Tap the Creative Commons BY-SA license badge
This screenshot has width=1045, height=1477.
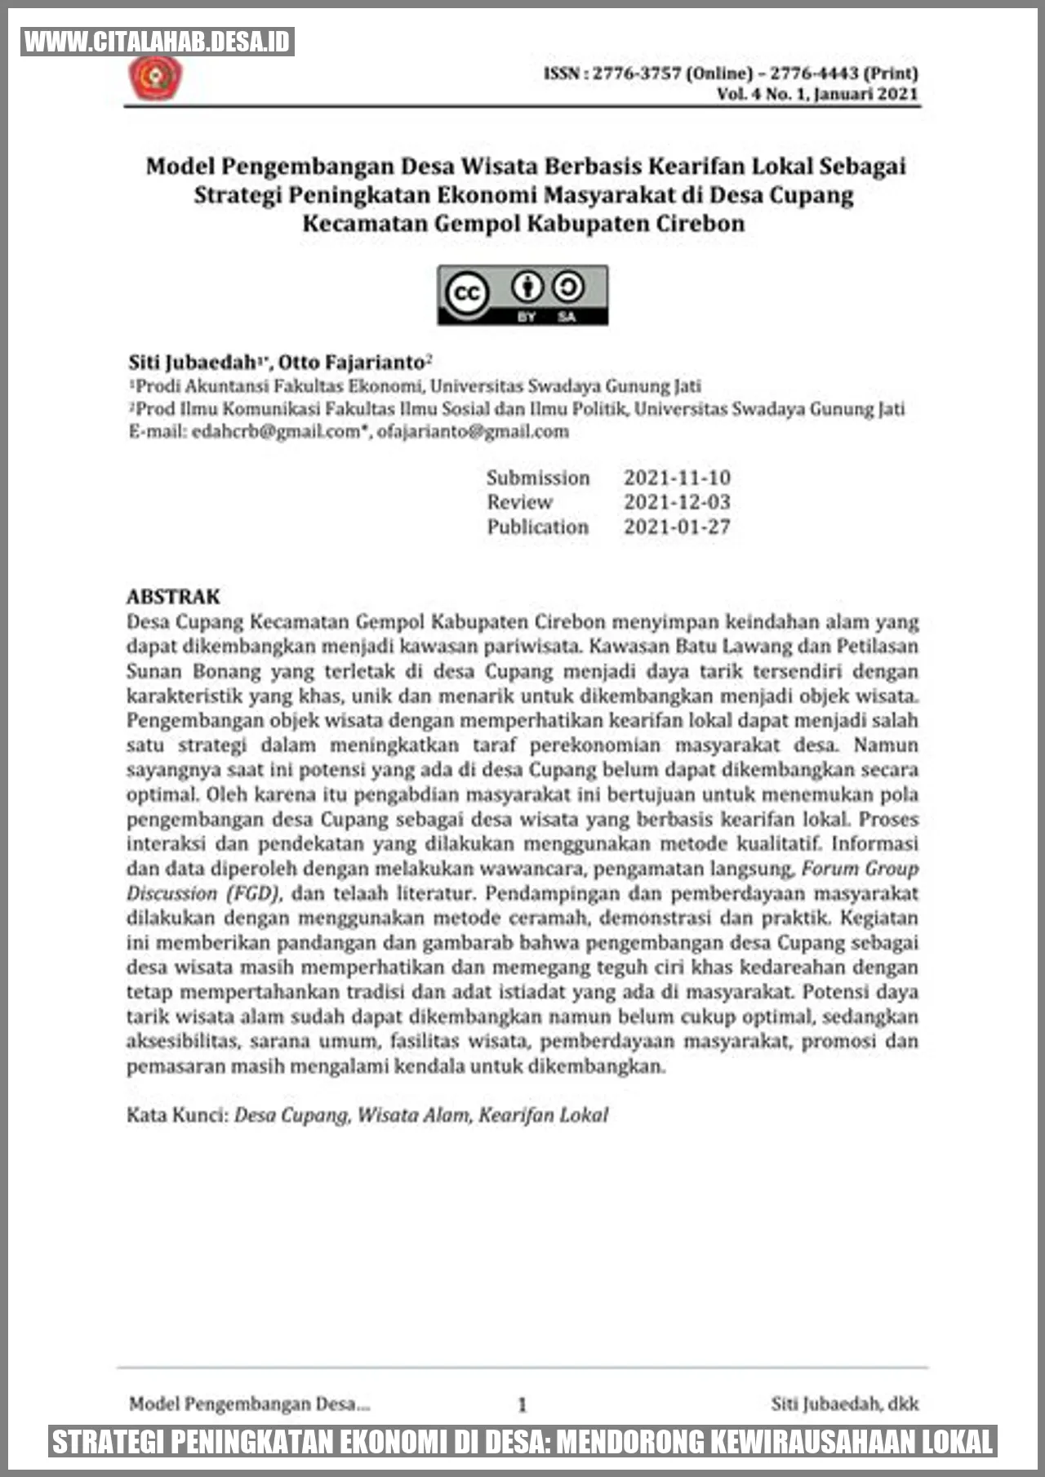pyautogui.click(x=522, y=295)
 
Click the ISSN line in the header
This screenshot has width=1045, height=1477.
pyautogui.click(x=731, y=73)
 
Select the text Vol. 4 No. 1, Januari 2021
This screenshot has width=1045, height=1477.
pyautogui.click(x=817, y=94)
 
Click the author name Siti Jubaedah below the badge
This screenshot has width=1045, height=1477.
pyautogui.click(x=193, y=362)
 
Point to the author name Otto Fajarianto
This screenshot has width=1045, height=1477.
pyautogui.click(x=352, y=362)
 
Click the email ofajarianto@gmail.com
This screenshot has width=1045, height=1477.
pyautogui.click(x=473, y=431)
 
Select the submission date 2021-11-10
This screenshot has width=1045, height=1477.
pyautogui.click(x=677, y=478)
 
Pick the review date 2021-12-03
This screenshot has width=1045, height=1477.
pyautogui.click(x=677, y=502)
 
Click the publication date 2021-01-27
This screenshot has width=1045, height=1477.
pyautogui.click(x=677, y=527)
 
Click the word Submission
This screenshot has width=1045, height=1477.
pyautogui.click(x=538, y=478)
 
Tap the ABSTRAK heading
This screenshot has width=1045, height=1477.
pyautogui.click(x=173, y=596)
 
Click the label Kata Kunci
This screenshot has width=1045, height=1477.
pyautogui.click(x=176, y=1114)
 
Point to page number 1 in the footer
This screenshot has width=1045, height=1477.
pyautogui.click(x=522, y=1404)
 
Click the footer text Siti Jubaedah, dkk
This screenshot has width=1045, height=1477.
pyautogui.click(x=844, y=1404)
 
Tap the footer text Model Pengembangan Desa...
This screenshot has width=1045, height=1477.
pyautogui.click(x=249, y=1404)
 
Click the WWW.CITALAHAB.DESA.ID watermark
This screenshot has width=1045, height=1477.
pyautogui.click(x=158, y=42)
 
